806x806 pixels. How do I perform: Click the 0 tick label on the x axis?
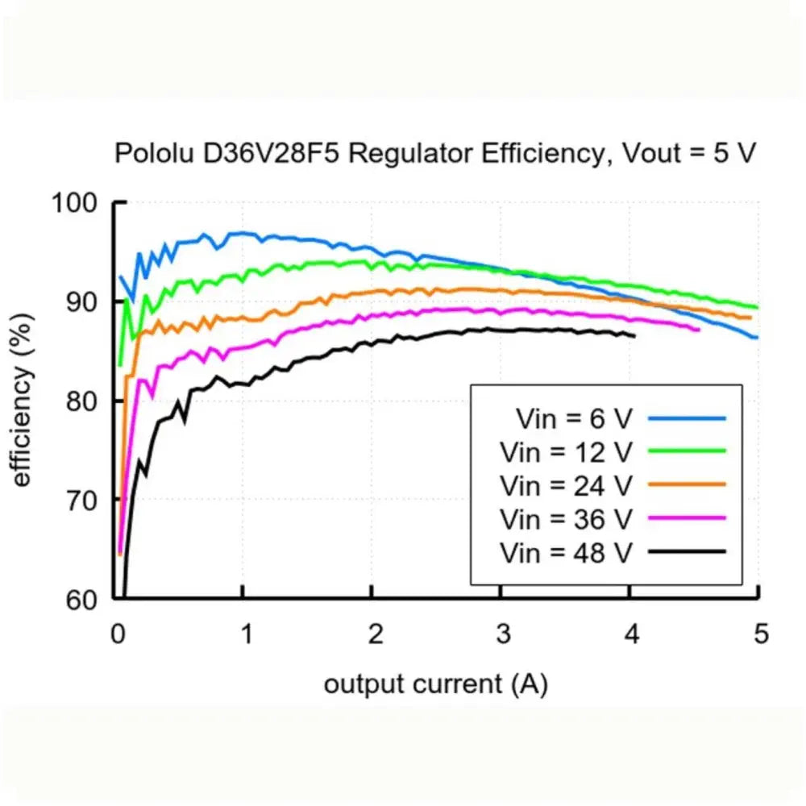(x=118, y=634)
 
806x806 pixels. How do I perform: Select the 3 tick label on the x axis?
(x=503, y=634)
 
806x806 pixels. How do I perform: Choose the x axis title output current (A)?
(x=436, y=685)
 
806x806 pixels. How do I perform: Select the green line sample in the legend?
(x=687, y=451)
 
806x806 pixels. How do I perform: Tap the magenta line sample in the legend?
(x=687, y=518)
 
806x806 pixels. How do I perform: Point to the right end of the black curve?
(x=634, y=335)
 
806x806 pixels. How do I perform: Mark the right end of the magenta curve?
(x=699, y=330)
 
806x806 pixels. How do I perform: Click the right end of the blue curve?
(x=757, y=338)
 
